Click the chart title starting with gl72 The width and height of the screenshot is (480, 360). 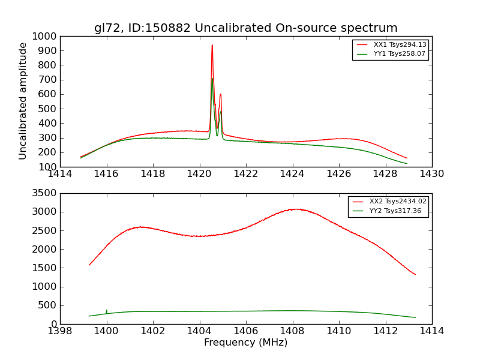coord(245,28)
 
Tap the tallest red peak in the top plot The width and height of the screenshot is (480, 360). coord(212,46)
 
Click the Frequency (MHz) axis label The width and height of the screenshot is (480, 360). coord(245,343)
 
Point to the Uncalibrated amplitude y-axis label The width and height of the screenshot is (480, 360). coord(23,101)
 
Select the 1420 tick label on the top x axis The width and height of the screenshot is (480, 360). coord(199,174)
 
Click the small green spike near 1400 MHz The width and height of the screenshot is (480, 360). coord(107,311)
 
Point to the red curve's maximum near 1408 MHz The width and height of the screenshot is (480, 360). coord(296,209)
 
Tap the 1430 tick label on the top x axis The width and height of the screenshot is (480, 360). coord(431,174)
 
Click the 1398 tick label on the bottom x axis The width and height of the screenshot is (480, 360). coord(60,331)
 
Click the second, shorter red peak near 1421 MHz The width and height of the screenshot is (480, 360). coord(220,94)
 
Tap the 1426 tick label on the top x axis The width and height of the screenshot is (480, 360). coord(338,174)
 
